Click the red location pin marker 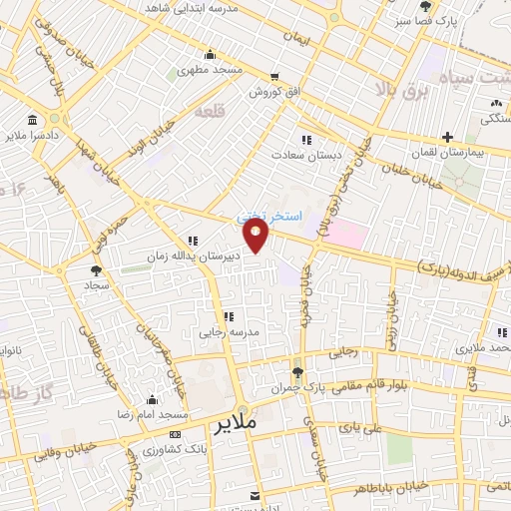tap(257, 235)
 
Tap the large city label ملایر tap(237, 423)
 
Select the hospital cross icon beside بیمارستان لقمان tap(448, 137)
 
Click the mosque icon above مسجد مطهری tap(209, 55)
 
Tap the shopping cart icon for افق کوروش tap(274, 76)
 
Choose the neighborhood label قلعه tap(238, 111)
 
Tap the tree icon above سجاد tap(96, 269)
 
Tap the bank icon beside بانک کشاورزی tap(176, 434)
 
